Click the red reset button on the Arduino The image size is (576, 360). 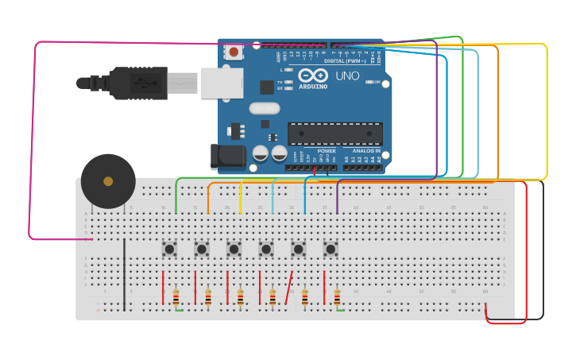(x=234, y=52)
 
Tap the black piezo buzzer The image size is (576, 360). (x=108, y=181)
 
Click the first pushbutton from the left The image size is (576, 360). (x=169, y=249)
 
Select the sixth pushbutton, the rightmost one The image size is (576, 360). (x=331, y=249)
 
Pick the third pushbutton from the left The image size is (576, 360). (x=234, y=249)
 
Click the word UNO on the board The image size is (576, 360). (x=346, y=76)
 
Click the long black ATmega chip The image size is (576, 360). (x=334, y=134)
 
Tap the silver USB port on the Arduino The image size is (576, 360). (x=222, y=83)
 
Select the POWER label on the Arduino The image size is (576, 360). (x=326, y=150)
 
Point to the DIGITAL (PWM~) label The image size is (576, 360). (x=345, y=60)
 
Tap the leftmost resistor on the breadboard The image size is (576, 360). (x=176, y=297)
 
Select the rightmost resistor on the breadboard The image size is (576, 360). (x=337, y=297)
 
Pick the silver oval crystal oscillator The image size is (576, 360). (x=265, y=108)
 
